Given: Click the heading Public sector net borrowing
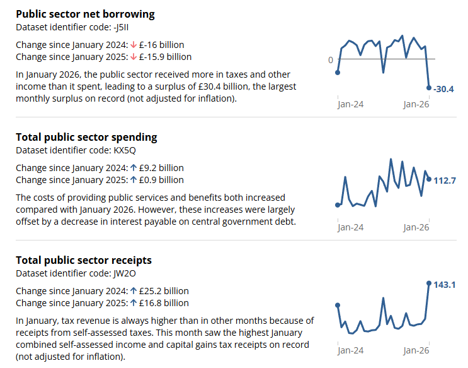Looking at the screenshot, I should pos(85,14).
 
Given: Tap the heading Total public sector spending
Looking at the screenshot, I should pos(86,137).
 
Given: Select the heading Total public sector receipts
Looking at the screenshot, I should pos(84,260).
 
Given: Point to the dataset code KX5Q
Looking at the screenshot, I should pos(125,150).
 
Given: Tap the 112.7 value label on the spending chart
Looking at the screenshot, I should pos(445,181).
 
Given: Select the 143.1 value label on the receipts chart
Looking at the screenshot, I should pos(445,285).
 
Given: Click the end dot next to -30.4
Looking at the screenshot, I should pos(429,88).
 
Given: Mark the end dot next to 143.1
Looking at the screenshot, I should pos(429,283).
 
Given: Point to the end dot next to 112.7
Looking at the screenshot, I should pos(429,179).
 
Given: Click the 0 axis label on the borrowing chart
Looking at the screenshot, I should pos(331,60).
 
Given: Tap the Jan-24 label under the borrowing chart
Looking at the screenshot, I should pos(350,104).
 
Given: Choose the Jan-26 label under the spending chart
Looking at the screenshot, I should pos(416,227).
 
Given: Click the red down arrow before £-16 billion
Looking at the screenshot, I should pos(134,45).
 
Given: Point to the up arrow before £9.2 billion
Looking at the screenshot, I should pos(134,168).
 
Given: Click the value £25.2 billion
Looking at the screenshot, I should pos(164,291).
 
